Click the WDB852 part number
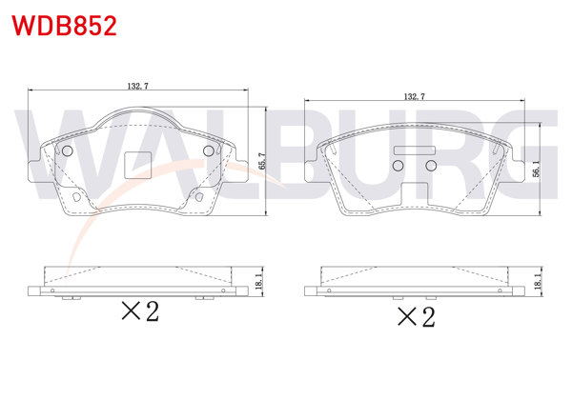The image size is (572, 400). tap(64, 26)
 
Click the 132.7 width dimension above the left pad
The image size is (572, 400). tap(137, 86)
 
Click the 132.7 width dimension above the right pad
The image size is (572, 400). tap(414, 96)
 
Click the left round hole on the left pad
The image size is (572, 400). tap(67, 152)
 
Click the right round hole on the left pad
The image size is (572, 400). tap(209, 152)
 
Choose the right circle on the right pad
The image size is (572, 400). tap(430, 167)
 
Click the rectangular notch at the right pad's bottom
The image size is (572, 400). tap(416, 194)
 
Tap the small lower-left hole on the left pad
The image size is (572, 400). tap(74, 198)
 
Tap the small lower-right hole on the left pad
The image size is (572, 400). tap(200, 198)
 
